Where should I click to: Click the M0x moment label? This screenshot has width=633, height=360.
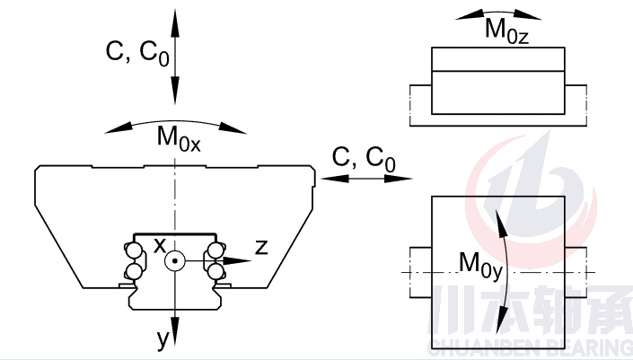(178, 139)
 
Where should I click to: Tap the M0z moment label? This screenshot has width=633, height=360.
(506, 31)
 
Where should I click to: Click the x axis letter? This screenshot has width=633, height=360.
(159, 245)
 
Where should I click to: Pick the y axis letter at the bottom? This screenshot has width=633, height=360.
(163, 338)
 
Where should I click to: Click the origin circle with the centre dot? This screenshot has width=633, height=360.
(176, 261)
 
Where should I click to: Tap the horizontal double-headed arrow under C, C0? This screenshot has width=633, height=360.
(363, 180)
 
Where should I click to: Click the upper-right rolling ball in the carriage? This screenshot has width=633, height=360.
(215, 250)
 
